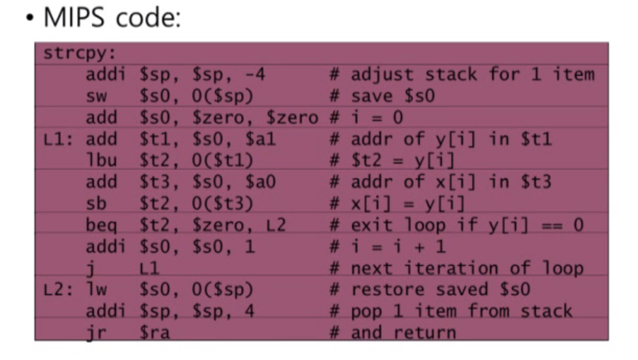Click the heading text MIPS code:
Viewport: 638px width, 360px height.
[111, 18]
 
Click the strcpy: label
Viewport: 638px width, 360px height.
[70, 54]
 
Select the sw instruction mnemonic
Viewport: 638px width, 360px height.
[96, 96]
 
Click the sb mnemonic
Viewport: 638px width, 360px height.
[96, 203]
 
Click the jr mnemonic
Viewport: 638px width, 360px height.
[96, 332]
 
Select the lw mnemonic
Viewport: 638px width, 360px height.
[96, 289]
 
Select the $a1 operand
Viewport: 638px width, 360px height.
[260, 139]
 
